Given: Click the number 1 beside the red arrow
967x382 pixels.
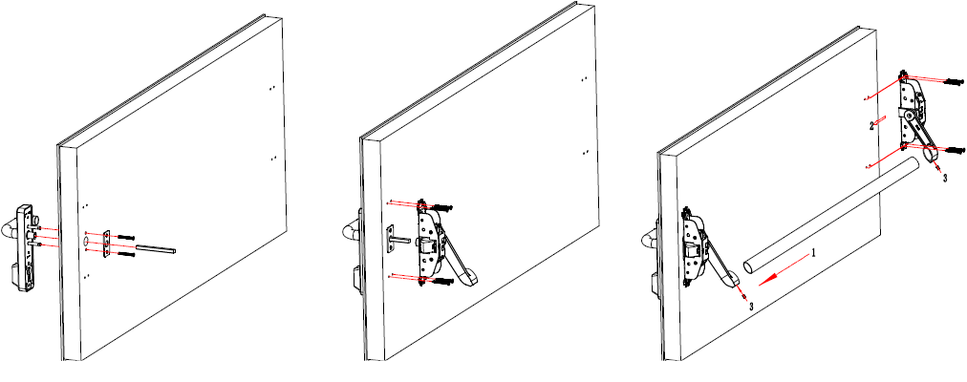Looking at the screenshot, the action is tap(813, 253).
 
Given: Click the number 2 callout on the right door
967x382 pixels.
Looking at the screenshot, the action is tap(872, 126).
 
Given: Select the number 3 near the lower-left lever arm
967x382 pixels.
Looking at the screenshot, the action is tap(750, 306).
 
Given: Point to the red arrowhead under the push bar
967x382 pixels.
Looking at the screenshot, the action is tap(766, 281).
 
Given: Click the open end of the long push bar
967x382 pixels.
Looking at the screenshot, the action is tap(749, 266).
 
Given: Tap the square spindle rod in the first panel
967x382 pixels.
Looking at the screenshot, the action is tap(156, 249).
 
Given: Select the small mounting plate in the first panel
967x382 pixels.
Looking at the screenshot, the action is tap(107, 244).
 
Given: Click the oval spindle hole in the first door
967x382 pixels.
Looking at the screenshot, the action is tap(86, 242).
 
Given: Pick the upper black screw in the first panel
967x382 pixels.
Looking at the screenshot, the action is tap(125, 237).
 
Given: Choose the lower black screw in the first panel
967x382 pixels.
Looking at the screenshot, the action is tap(125, 253).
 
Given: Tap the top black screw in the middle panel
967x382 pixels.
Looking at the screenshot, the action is tap(443, 206).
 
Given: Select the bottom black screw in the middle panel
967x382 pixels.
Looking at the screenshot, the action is tap(443, 281).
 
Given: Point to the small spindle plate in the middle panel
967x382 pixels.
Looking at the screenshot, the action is tap(390, 239).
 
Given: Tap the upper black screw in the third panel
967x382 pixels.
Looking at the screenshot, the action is tap(953, 81).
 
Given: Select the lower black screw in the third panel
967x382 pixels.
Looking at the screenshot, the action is tap(953, 150).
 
